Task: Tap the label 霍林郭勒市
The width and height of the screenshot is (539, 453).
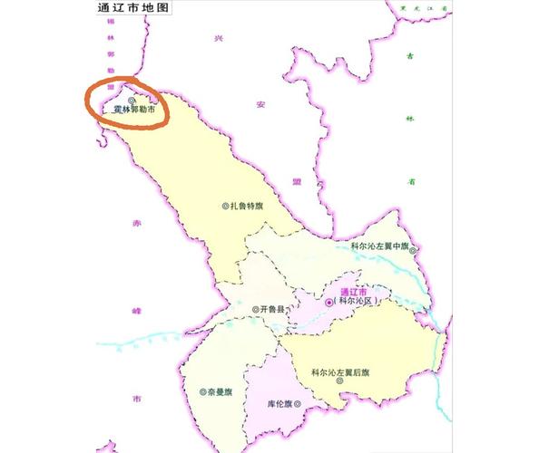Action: (x=133, y=110)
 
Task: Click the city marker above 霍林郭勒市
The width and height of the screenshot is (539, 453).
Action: (x=132, y=100)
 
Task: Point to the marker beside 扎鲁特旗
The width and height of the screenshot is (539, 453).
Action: (x=226, y=206)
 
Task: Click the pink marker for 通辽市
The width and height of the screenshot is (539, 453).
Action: (x=328, y=302)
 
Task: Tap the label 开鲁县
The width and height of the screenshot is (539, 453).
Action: (x=274, y=309)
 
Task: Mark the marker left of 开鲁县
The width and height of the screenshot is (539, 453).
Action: (x=254, y=309)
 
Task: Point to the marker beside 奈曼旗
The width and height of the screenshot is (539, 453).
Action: (x=202, y=393)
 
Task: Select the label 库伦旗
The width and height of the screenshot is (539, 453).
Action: (x=282, y=401)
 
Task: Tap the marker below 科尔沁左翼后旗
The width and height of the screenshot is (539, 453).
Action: (x=338, y=382)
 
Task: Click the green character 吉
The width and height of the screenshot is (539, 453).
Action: (x=410, y=56)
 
